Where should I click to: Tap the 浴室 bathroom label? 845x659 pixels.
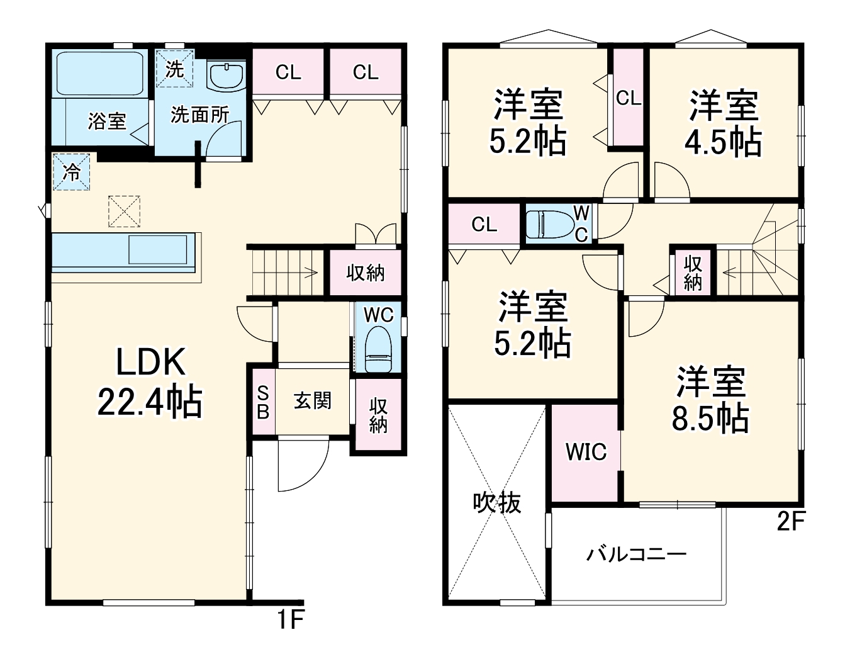pos(106,121)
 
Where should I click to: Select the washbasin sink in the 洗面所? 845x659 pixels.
pos(227,76)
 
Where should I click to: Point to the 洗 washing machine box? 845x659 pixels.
pos(174,69)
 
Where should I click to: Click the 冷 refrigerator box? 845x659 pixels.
pos(72,172)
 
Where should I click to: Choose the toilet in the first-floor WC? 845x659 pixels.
pos(378,349)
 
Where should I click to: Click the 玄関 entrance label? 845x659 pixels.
pos(312,401)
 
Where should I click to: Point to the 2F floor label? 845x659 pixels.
pos(790,521)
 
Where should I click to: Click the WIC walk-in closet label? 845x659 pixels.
pos(586,452)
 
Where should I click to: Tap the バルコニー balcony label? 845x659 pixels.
pos(637,555)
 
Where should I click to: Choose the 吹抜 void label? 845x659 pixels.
pos(497,503)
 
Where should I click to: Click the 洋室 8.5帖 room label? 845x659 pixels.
pos(710,400)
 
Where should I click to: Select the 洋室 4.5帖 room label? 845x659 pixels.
pos(723,123)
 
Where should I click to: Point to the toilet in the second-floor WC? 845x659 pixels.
pos(551,225)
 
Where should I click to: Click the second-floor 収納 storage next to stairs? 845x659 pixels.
pos(693,273)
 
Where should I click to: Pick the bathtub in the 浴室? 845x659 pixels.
pos(100,74)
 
